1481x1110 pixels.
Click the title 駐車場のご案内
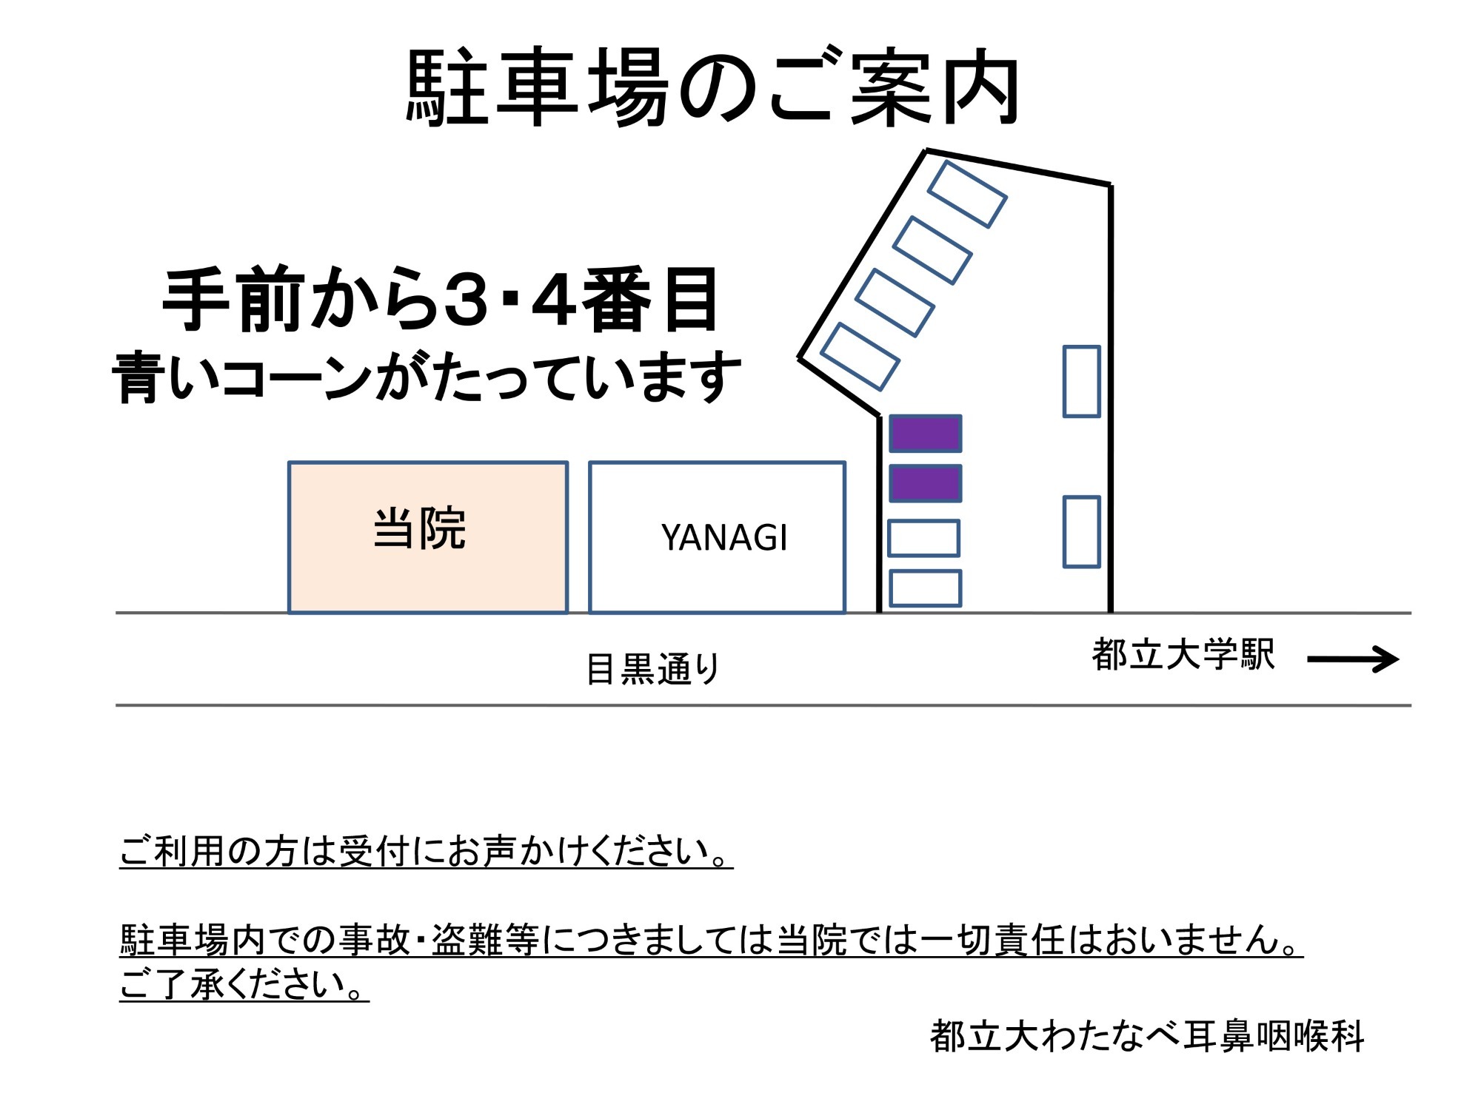pyautogui.click(x=713, y=87)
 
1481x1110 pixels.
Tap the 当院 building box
pyautogui.click(x=427, y=537)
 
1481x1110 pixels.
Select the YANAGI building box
pyautogui.click(x=717, y=537)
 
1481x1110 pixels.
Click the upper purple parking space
pyautogui.click(x=925, y=434)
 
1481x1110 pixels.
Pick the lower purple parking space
pyautogui.click(x=925, y=483)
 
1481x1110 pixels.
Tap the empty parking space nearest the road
pyautogui.click(x=925, y=588)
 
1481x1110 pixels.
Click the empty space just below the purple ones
pyautogui.click(x=923, y=538)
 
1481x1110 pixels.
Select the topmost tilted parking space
pyautogui.click(x=966, y=194)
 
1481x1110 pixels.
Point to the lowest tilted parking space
pyautogui.click(x=860, y=357)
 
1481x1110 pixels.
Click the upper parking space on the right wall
pyautogui.click(x=1081, y=381)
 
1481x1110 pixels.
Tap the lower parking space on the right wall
pyautogui.click(x=1081, y=531)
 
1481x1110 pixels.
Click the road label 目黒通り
pyautogui.click(x=652, y=668)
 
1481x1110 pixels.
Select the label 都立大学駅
pyautogui.click(x=1183, y=655)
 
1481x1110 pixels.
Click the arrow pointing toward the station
pyautogui.click(x=1353, y=659)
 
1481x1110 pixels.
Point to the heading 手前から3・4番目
pyautogui.click(x=441, y=300)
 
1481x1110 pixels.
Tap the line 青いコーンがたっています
pyautogui.click(x=427, y=377)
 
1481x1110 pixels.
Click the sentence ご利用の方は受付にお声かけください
pyautogui.click(x=426, y=851)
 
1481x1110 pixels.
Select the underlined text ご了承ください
pyautogui.click(x=244, y=985)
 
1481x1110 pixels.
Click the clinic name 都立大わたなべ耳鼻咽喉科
pyautogui.click(x=1146, y=1035)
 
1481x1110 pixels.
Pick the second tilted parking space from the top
pyautogui.click(x=932, y=250)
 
